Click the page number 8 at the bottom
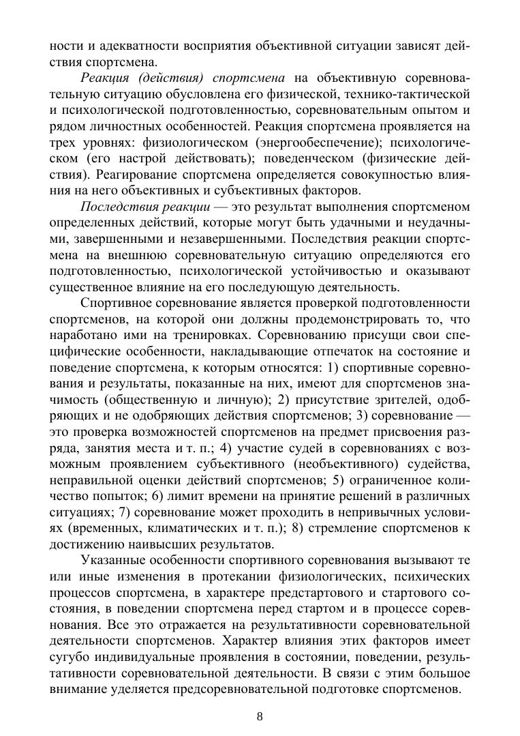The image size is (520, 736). tap(260, 716)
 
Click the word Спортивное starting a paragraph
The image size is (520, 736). tap(117, 303)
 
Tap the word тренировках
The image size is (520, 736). tap(209, 336)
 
